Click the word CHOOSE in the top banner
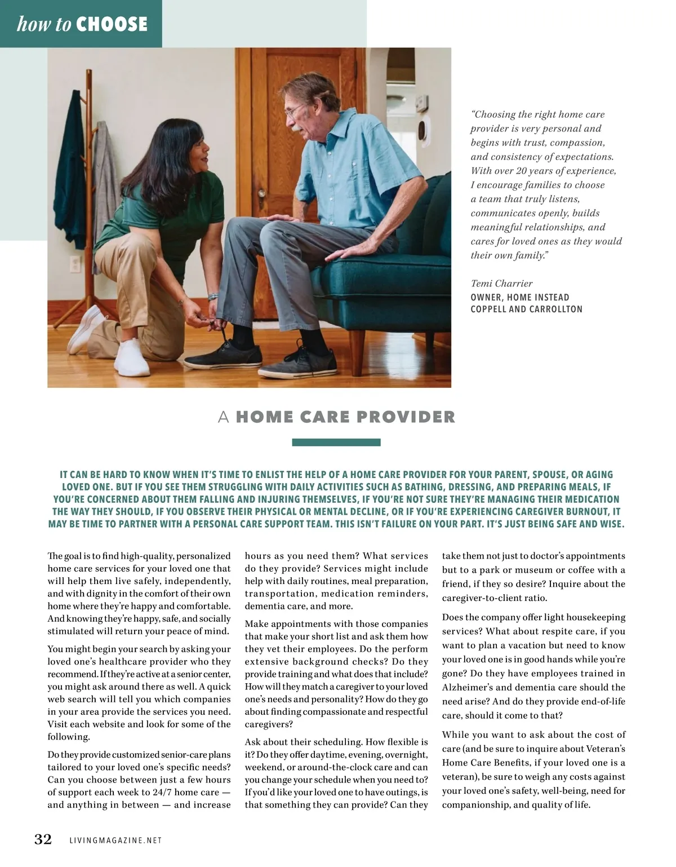(112, 24)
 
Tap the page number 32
(43, 839)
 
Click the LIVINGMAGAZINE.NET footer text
(115, 841)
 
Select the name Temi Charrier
(501, 284)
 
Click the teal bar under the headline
(336, 443)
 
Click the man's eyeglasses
(293, 111)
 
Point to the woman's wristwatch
(212, 297)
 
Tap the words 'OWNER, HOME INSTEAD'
(520, 297)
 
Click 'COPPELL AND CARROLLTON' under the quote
(527, 309)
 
